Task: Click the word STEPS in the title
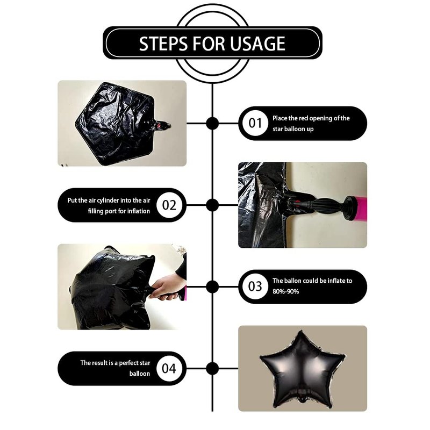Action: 163,44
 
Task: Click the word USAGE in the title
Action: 257,44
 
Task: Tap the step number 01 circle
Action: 255,123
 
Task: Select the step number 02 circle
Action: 169,205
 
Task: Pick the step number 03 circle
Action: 255,286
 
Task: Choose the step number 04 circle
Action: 169,368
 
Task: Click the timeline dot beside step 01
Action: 212,123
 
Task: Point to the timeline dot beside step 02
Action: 212,205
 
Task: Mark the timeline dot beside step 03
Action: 212,286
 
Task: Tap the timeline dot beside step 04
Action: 212,368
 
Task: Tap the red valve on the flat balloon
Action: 159,126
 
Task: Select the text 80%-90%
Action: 286,291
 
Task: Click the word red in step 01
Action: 303,118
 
